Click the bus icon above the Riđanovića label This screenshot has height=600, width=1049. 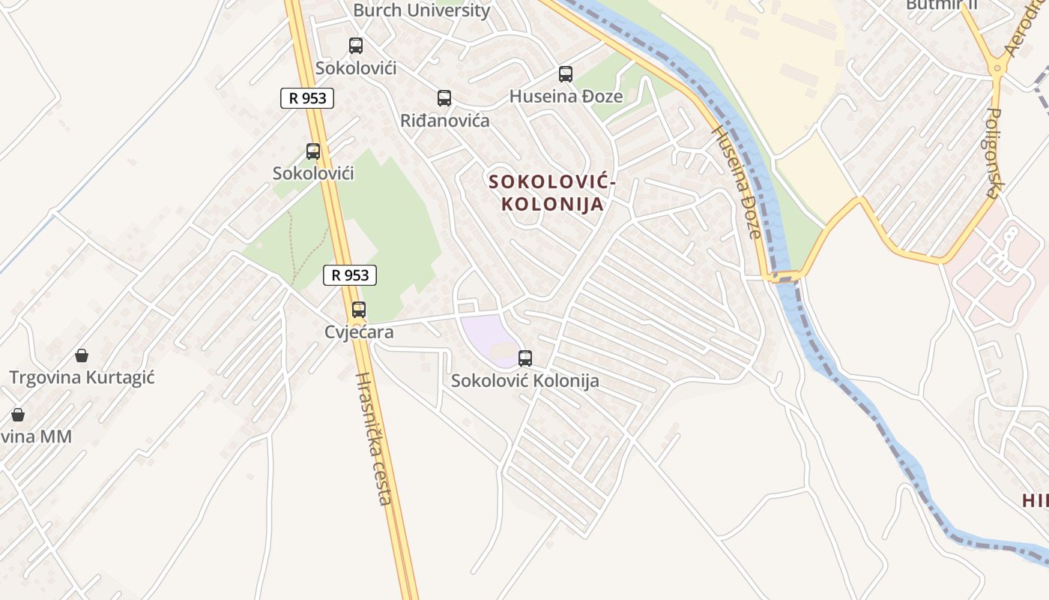[444, 98]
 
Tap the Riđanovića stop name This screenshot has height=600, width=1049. [444, 121]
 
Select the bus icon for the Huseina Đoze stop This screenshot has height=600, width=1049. [566, 74]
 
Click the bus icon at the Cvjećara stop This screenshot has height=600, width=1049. [359, 309]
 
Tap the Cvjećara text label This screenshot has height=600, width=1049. [359, 331]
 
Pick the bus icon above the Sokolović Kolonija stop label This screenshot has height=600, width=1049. [525, 358]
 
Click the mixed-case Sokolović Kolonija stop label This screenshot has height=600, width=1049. [524, 381]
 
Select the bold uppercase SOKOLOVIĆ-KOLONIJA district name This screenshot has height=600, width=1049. [552, 193]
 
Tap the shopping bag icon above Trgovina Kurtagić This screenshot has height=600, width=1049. [82, 355]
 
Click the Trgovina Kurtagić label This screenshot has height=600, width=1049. [82, 377]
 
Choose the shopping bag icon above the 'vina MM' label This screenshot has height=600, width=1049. [17, 414]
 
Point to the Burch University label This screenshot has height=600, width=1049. [421, 10]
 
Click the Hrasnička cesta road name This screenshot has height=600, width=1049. [373, 439]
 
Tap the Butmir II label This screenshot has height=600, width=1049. [941, 4]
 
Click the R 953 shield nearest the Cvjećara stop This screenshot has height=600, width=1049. [350, 275]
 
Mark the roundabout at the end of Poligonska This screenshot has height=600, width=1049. [997, 68]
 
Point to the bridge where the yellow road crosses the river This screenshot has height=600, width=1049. [784, 276]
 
